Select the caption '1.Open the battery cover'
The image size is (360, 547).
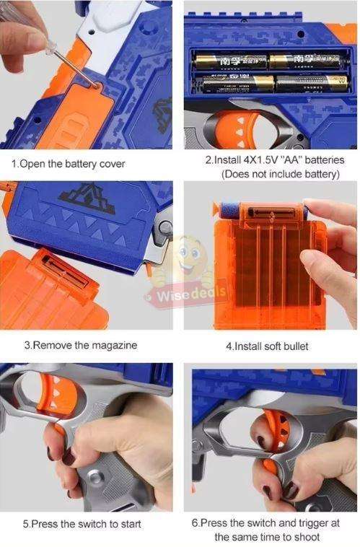click(68, 164)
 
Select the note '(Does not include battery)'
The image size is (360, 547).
click(280, 174)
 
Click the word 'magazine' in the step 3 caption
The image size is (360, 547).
click(114, 346)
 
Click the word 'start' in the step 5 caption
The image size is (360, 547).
click(128, 524)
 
